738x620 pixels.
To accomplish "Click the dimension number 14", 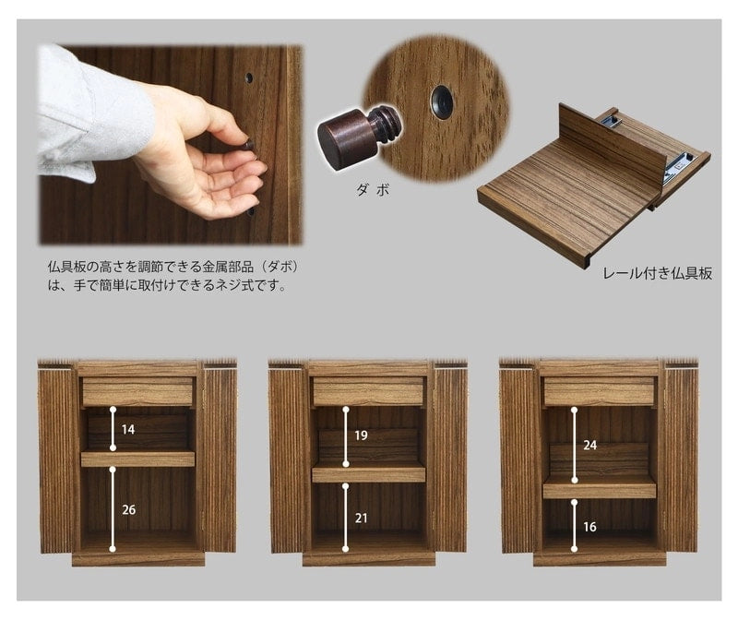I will (x=128, y=430).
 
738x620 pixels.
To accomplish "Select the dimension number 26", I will (x=128, y=510).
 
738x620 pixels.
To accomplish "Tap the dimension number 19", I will (x=361, y=435).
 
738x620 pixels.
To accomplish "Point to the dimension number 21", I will (x=361, y=519).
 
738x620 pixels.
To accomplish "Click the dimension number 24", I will (x=590, y=445).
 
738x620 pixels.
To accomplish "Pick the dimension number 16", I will (x=590, y=528).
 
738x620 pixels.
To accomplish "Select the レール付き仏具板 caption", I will (x=657, y=273).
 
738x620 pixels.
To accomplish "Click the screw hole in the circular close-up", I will (x=442, y=101).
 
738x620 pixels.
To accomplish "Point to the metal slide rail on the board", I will (x=677, y=165).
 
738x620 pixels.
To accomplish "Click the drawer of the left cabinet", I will (x=137, y=391).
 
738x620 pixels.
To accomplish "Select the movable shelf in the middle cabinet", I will (x=368, y=474).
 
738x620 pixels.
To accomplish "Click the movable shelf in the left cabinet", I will (x=137, y=459).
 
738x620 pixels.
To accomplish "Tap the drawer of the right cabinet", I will (x=599, y=391).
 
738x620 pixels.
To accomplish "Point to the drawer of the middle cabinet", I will (x=368, y=391).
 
